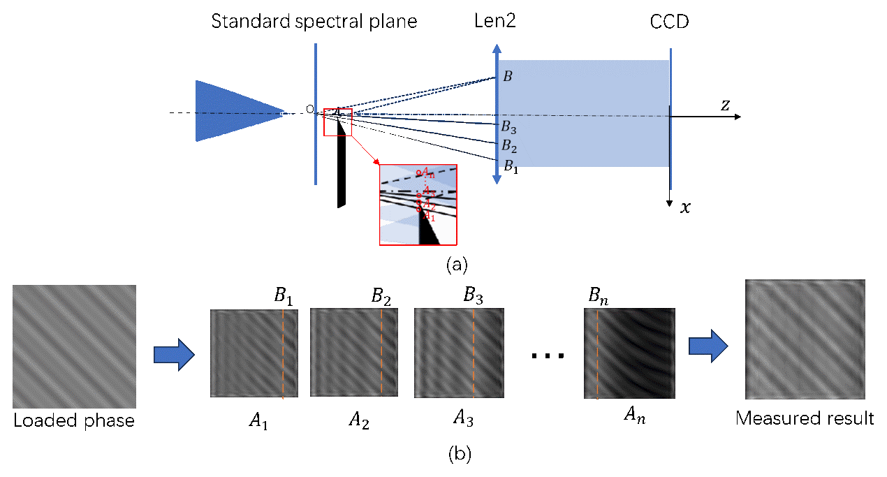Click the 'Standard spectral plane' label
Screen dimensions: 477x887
tap(314, 22)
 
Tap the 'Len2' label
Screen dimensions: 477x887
tap(495, 22)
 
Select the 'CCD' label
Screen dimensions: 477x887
tap(669, 22)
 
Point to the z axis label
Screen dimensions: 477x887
tap(726, 105)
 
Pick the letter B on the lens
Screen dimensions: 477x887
tap(508, 77)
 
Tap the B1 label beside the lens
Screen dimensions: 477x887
tap(512, 167)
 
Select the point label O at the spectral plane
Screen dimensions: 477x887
tap(309, 109)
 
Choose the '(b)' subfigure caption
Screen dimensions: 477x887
tap(459, 455)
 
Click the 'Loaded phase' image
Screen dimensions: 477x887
tap(74, 346)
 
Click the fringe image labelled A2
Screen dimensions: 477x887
tap(353, 353)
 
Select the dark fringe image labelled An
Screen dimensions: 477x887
tap(630, 353)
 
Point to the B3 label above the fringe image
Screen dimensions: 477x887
tap(474, 296)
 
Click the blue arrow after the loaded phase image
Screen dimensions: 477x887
tap(173, 355)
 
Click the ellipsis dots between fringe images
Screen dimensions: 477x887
tap(546, 356)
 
